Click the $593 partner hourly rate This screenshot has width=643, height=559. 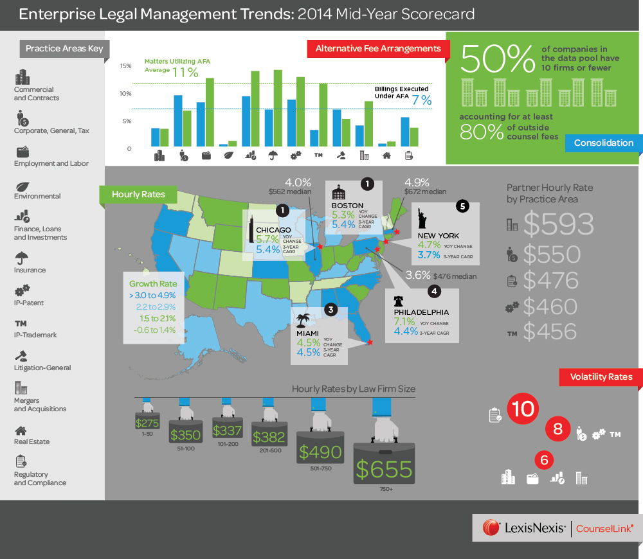558,223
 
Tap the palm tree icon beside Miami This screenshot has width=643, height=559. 302,319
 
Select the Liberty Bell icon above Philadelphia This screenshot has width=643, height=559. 399,301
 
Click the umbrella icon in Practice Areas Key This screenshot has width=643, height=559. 21,258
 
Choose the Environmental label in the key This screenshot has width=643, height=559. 37,196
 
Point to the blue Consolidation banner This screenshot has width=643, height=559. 603,143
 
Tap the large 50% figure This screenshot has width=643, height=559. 498,59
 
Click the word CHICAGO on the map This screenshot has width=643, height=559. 273,229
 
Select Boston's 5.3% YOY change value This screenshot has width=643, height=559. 343,215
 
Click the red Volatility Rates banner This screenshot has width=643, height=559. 601,377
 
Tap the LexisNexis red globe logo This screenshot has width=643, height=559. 491,528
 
